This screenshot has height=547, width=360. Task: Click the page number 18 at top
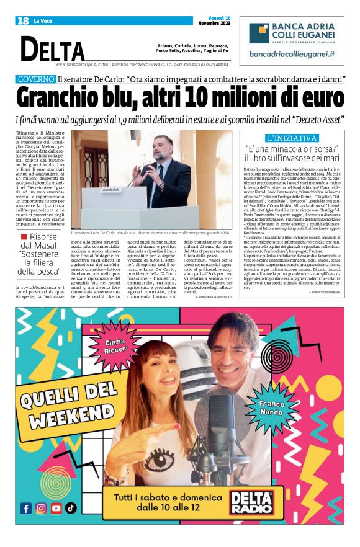22,20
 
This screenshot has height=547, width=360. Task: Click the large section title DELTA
53,49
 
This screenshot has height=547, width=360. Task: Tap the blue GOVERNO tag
36,80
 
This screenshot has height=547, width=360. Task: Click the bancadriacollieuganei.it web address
291,54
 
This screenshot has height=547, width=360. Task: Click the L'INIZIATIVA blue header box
291,138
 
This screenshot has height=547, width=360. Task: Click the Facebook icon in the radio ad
26,508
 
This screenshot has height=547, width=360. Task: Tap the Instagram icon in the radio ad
41,508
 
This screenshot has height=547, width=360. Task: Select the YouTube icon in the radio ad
56,508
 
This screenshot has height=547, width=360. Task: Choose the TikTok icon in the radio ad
71,508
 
